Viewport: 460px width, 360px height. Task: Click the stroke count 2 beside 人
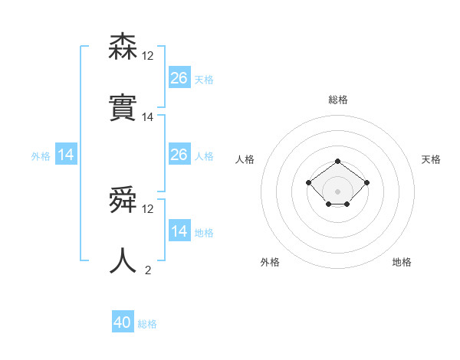[147, 270]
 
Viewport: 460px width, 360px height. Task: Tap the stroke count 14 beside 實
[147, 117]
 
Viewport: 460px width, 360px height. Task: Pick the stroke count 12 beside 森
[147, 56]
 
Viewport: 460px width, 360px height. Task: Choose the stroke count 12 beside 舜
[147, 209]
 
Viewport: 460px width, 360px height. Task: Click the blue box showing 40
[123, 322]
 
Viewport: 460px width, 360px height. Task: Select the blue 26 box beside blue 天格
[179, 78]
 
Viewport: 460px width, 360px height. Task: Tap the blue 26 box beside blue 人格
[179, 155]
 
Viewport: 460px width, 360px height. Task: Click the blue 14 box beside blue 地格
[179, 231]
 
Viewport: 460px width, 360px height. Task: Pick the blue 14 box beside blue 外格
[66, 155]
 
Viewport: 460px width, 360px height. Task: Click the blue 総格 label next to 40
[147, 324]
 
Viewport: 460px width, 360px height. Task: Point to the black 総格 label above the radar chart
[337, 100]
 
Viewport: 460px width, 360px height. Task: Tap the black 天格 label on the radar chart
[432, 159]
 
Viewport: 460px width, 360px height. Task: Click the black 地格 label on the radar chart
[402, 262]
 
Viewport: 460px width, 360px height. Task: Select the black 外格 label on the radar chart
[270, 262]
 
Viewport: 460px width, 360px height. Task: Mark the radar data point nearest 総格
[337, 161]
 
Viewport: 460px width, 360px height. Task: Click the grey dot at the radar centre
[337, 191]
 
